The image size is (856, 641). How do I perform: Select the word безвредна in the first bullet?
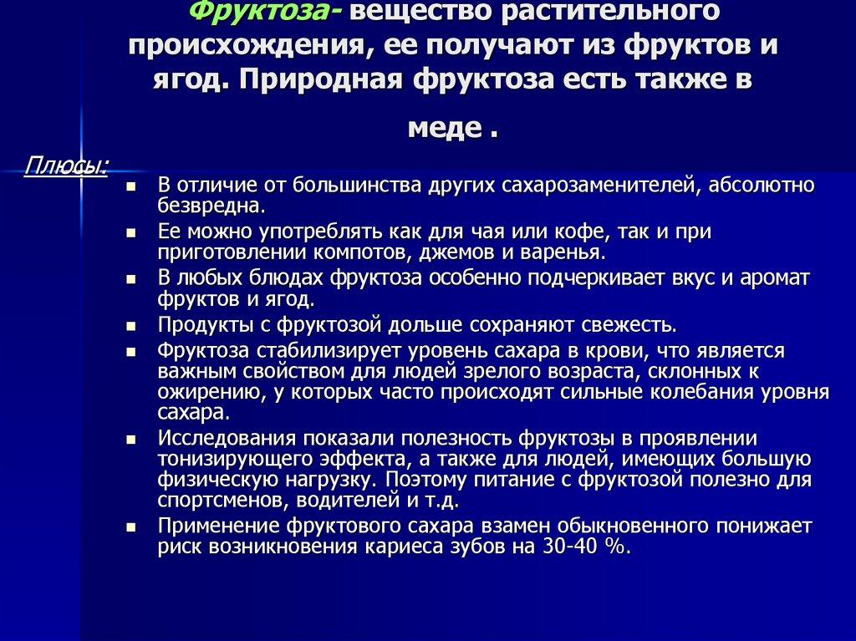pyautogui.click(x=211, y=205)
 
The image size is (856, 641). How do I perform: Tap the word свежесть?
pyautogui.click(x=621, y=324)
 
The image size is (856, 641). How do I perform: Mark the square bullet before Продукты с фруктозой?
pyautogui.click(x=130, y=325)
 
